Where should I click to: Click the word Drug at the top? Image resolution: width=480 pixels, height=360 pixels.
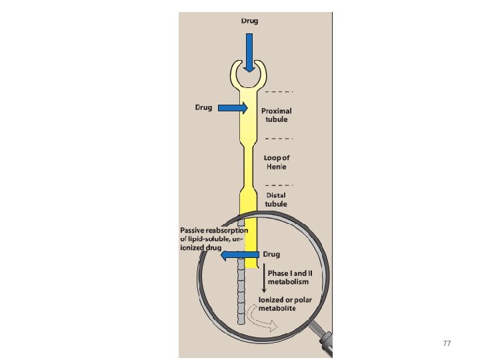point(249,21)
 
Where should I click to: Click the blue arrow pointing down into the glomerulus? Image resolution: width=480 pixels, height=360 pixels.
point(249,52)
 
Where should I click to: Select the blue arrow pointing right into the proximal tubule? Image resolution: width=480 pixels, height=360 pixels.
point(232,108)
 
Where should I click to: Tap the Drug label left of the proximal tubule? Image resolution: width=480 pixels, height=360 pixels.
point(203,107)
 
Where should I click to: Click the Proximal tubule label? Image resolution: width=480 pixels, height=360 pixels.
point(276,115)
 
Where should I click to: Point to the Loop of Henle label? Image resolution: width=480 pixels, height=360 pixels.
point(277,162)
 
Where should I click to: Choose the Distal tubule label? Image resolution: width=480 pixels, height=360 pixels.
point(276,200)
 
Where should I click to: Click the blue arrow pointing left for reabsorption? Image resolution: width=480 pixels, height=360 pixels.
point(239,255)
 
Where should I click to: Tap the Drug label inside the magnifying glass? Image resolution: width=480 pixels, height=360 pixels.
point(272,255)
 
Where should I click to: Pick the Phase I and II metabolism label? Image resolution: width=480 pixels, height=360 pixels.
point(288,278)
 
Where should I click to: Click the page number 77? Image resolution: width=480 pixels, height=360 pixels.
point(447,343)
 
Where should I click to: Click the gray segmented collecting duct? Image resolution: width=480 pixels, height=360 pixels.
point(241,293)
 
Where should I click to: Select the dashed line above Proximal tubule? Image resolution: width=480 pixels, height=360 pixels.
point(278,91)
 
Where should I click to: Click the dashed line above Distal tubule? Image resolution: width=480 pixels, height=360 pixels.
point(278,184)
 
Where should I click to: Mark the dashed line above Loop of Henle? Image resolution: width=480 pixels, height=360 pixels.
point(278,138)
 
